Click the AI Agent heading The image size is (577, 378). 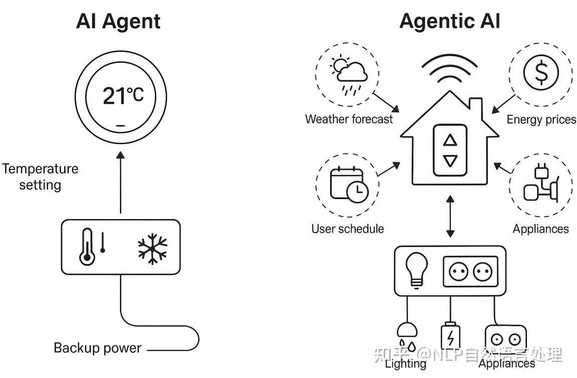pos(118,22)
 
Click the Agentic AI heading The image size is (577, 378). pos(449,22)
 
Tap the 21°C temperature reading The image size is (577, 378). pos(123,95)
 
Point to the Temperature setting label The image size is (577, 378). pos(40,176)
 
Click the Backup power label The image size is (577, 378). pos(98,347)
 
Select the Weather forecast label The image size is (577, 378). pos(349,119)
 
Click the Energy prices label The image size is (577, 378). pos(541,119)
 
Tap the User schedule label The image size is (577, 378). pos(348,229)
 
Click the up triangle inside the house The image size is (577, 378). pos(451,140)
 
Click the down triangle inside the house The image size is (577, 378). pos(451,161)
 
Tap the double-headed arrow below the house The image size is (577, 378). pos(450,217)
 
